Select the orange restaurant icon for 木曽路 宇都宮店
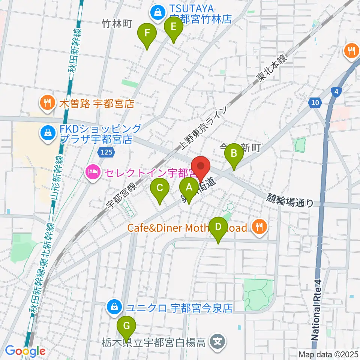click(47, 103)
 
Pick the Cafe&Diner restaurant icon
click(259, 227)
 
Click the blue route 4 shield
click(336, 91)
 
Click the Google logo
click(25, 351)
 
